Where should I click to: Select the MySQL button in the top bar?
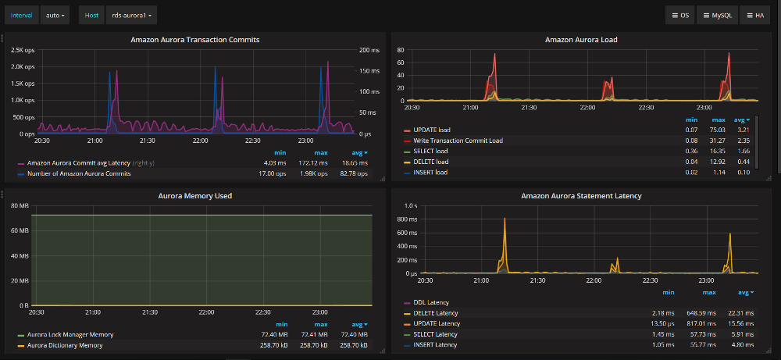716,15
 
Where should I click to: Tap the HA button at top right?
754,15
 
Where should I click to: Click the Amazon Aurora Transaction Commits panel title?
194,39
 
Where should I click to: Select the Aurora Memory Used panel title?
194,195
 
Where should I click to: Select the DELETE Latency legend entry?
437,313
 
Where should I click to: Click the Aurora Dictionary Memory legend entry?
64,344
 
